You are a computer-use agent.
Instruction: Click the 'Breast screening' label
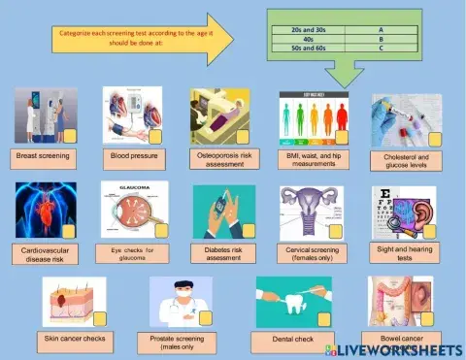point(42,154)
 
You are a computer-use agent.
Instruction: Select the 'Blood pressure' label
point(133,154)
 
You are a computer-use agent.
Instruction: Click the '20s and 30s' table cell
point(309,30)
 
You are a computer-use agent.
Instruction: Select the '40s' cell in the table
point(309,39)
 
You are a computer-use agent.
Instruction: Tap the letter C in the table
point(381,48)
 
